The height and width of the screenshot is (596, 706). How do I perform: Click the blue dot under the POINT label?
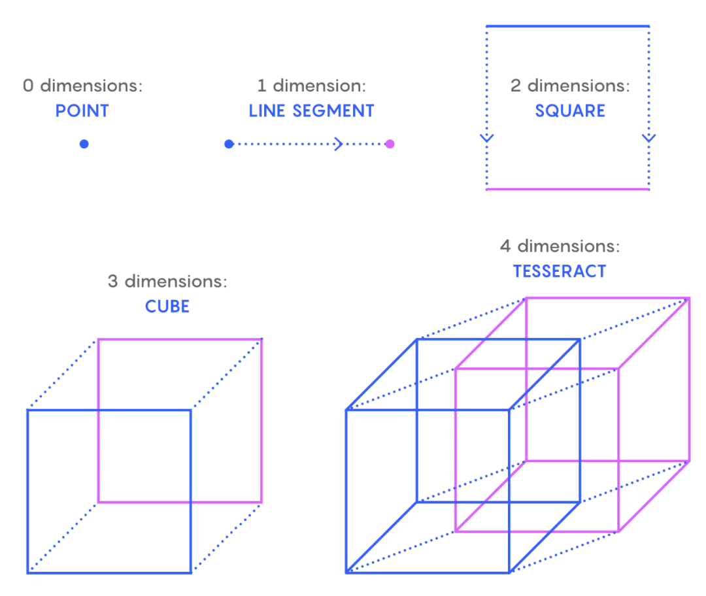pos(84,144)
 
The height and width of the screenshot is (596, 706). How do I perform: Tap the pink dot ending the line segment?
pos(390,144)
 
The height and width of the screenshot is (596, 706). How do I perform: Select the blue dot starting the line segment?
pos(229,144)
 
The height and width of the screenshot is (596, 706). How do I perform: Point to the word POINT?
pos(82,110)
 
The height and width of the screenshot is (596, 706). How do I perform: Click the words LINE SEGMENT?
pos(312,110)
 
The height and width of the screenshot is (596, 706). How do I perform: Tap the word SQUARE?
pos(570,110)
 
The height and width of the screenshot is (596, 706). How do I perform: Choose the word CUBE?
pos(167,306)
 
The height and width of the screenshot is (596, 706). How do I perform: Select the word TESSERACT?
pos(560,271)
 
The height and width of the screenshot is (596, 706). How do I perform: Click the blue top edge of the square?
pos(568,26)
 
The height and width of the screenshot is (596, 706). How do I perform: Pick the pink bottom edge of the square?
pos(568,189)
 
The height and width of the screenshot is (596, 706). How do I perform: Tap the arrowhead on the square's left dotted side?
pos(487,138)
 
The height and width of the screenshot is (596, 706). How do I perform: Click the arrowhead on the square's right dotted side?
pos(649,138)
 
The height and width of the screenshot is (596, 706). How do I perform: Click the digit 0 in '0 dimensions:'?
pos(28,86)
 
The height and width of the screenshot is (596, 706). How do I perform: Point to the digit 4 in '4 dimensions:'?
pos(505,246)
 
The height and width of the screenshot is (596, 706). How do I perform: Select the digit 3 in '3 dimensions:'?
pos(112,282)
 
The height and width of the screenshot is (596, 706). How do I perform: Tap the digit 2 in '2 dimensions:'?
pos(516,86)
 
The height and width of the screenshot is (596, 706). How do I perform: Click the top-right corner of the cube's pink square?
pos(261,339)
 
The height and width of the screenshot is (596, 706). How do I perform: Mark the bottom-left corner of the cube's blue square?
pos(28,572)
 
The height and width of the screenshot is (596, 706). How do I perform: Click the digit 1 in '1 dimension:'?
pos(261,86)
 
